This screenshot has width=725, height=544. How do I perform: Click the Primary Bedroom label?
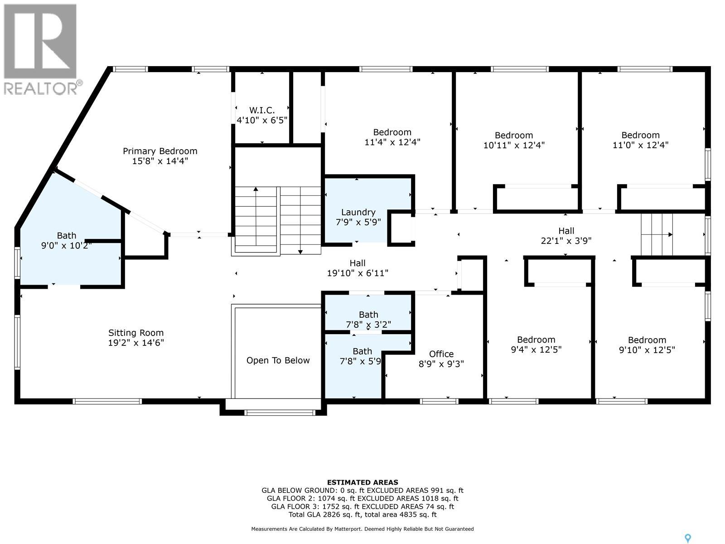[x=160, y=151]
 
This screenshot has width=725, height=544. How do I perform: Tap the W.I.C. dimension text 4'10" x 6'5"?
[x=262, y=120]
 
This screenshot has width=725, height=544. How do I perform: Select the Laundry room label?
[x=358, y=212]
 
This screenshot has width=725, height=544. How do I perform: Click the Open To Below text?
[x=278, y=360]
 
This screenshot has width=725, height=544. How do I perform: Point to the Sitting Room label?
[x=136, y=333]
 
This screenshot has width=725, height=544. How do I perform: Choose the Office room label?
[x=441, y=354]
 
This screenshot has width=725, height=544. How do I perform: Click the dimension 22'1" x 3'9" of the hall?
[x=566, y=241]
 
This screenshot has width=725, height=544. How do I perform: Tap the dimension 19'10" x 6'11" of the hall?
[x=358, y=273]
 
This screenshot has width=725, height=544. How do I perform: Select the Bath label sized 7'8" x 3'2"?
[x=368, y=315]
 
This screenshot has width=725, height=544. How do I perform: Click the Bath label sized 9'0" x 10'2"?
[x=67, y=236]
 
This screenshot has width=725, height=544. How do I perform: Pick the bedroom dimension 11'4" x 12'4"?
[x=392, y=142]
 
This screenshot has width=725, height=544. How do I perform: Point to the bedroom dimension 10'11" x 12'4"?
[x=513, y=145]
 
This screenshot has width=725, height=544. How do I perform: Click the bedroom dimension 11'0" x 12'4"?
[x=640, y=145]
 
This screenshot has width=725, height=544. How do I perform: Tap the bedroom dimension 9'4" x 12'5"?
[x=536, y=350]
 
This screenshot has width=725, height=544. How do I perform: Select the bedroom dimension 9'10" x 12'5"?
[x=647, y=350]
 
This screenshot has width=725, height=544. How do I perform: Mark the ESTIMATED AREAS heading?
[x=362, y=482]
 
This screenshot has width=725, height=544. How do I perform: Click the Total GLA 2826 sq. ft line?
[x=362, y=515]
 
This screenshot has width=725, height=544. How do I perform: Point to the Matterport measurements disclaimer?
[x=362, y=529]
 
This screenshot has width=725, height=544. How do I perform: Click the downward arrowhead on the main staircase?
[x=300, y=252]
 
